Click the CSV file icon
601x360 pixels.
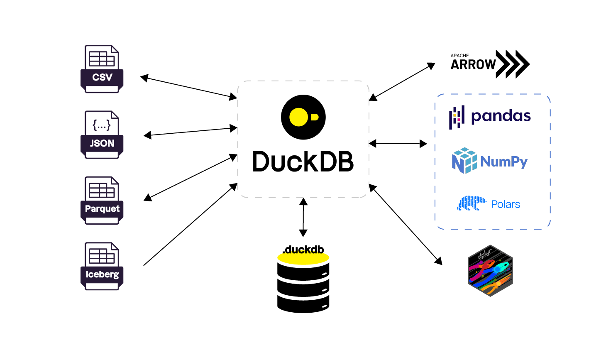coord(102,69)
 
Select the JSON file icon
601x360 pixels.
coord(102,135)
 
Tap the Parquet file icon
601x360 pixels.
coord(102,201)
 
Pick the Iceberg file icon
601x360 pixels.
coord(102,266)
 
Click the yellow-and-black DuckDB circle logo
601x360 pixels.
coord(303,117)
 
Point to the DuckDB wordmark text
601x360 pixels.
coord(303,162)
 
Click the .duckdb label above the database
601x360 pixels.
coord(303,250)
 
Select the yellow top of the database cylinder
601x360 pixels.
coord(303,259)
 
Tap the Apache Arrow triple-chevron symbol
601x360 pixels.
coord(513,64)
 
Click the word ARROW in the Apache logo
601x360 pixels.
coord(473,65)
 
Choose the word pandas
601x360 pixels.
coord(501,116)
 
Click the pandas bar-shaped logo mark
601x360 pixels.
coord(457,118)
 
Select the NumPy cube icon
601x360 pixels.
coord(464,161)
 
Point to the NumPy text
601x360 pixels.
coord(504,162)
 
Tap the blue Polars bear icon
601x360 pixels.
coord(472,203)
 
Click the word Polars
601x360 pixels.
coord(506,204)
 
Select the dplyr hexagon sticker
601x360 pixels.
coord(490,270)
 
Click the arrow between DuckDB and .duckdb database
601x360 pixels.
coord(303,217)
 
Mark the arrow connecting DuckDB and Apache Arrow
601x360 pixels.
coord(402,82)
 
